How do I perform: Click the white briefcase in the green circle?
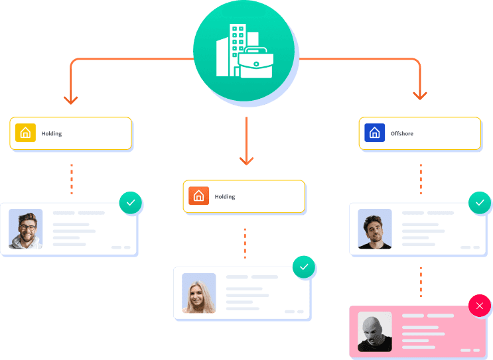coord(255,62)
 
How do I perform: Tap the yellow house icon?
coord(25,133)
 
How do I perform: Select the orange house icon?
coord(198,196)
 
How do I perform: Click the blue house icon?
coord(374,133)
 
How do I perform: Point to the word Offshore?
coord(402,133)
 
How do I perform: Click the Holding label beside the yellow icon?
coord(52,133)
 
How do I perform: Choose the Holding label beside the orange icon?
coord(225,197)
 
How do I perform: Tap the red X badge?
coord(480,306)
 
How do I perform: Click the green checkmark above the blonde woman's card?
coord(304,267)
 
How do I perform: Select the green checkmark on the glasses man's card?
coord(131,203)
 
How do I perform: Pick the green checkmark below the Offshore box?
coord(480,203)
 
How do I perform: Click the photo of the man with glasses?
coord(25,229)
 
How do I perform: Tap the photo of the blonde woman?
coord(198,293)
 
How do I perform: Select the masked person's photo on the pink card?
coord(375,331)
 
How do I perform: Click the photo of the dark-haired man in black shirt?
coord(375,229)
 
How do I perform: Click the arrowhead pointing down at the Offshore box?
coord(420,96)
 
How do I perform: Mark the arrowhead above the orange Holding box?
coord(247,161)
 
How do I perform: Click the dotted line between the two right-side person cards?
coord(421,282)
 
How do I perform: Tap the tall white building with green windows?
coord(238,50)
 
